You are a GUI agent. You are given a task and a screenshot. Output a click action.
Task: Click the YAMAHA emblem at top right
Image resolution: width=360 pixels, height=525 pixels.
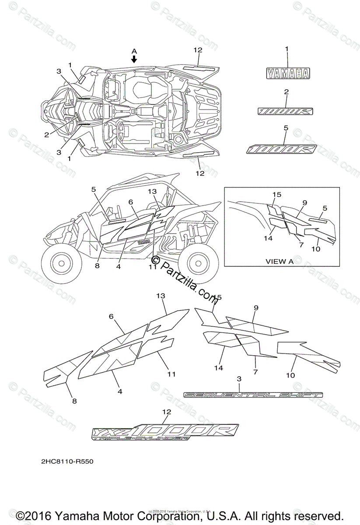coord(287,74)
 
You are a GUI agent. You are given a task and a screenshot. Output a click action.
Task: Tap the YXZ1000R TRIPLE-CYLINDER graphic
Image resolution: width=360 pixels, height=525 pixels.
coord(165,431)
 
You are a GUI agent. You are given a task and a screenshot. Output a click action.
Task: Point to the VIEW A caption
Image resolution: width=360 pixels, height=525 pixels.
coord(280,261)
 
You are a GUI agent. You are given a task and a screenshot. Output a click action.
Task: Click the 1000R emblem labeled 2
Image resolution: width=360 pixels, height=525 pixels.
coord(285,112)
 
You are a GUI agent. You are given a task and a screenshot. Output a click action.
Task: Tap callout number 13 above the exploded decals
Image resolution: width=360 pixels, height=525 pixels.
coord(161,296)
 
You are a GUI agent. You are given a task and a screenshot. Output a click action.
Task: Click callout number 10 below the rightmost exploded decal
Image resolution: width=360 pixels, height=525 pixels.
coord(291,375)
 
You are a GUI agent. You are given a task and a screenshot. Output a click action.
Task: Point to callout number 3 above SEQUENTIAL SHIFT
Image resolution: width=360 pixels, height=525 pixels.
coord(239,378)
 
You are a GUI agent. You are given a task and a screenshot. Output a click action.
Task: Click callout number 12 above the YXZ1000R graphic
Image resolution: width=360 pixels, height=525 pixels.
coord(166,411)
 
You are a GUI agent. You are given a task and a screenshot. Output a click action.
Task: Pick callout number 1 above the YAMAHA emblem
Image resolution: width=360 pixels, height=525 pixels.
coord(287,50)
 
